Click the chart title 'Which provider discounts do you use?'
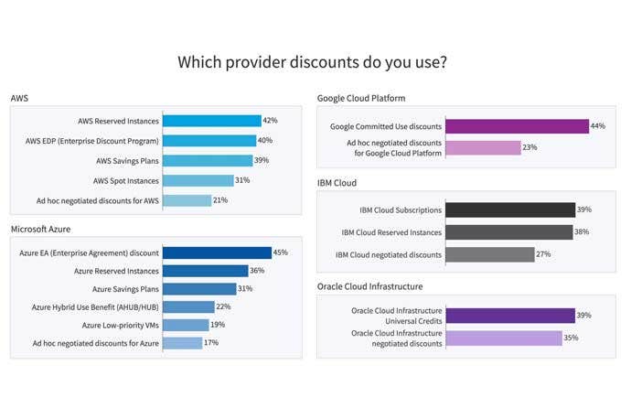(312, 62)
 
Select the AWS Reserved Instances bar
(211, 121)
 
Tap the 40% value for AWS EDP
(266, 141)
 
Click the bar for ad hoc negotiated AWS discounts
(187, 200)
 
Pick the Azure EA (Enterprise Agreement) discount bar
(217, 252)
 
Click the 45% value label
(282, 252)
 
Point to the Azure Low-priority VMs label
(120, 325)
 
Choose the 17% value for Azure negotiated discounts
(211, 343)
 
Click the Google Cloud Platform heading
(361, 98)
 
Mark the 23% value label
(529, 147)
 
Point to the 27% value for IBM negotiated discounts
(543, 254)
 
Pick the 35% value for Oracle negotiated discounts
(571, 338)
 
